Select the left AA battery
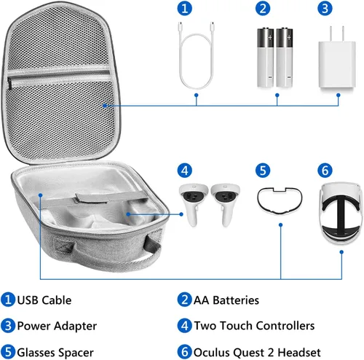[x=265, y=58]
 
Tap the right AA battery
[x=285, y=58]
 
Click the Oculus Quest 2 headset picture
[x=341, y=213]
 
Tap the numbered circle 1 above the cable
[x=185, y=8]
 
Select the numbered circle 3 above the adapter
[x=325, y=8]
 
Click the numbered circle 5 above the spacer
[x=263, y=171]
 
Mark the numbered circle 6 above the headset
[x=325, y=171]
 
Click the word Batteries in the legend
[x=236, y=300]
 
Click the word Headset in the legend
[x=299, y=352]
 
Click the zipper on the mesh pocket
[x=10, y=83]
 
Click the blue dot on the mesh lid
[x=105, y=106]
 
